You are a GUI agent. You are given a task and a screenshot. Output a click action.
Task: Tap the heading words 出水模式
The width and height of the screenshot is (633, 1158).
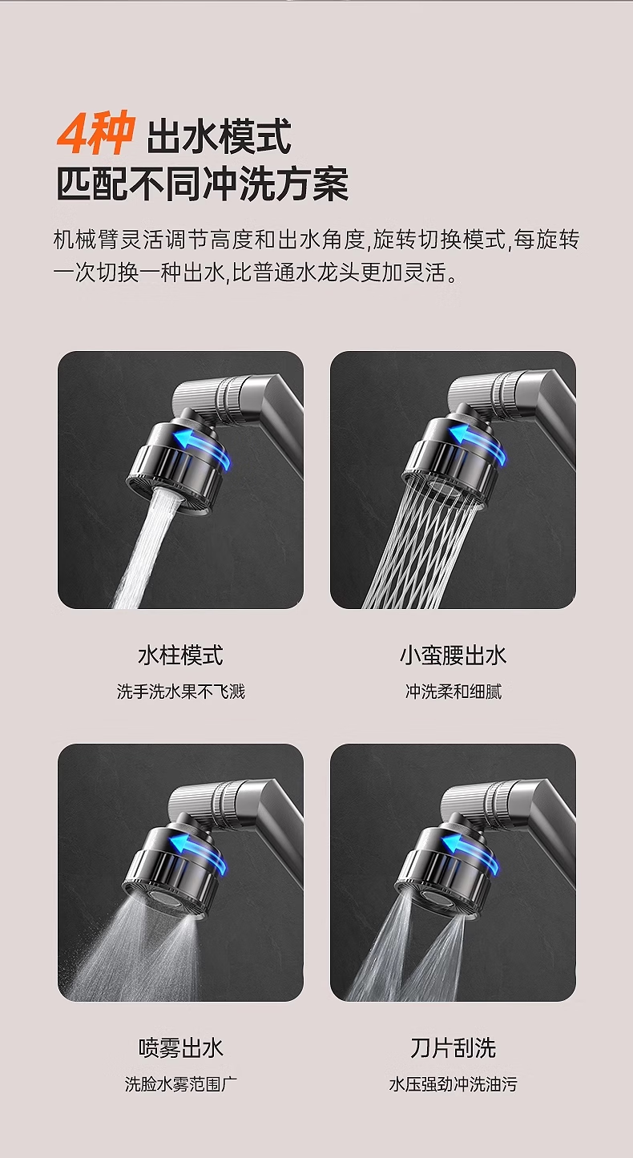point(219,136)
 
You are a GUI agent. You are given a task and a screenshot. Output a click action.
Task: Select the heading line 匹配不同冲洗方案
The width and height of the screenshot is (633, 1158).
point(202,184)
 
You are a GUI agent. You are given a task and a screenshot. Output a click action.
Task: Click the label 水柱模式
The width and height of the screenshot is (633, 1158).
point(180,656)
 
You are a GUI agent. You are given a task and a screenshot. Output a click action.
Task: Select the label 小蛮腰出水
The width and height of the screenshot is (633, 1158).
point(454,656)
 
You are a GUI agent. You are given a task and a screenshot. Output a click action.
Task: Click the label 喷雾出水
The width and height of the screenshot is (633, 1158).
point(180,1048)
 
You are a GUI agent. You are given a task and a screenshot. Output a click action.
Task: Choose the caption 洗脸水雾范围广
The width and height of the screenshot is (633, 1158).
point(180,1083)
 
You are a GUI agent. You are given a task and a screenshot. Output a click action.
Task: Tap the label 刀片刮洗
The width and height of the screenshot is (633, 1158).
point(454,1048)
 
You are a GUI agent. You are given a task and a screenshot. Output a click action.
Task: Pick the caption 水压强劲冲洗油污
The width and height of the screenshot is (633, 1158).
point(454,1083)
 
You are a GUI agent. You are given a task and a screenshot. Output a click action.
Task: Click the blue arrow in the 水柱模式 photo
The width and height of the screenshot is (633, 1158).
point(203,448)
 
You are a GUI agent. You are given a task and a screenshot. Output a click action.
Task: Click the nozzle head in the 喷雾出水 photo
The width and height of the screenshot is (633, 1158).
point(173,874)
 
